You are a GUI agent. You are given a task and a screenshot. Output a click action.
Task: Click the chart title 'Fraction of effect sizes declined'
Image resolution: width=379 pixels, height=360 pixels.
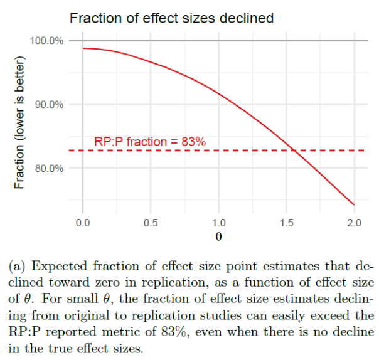tap(171, 18)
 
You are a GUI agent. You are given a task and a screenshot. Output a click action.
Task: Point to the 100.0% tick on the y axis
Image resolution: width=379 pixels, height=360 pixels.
tap(47, 41)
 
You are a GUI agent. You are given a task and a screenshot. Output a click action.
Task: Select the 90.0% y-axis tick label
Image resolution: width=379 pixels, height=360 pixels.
tap(49, 104)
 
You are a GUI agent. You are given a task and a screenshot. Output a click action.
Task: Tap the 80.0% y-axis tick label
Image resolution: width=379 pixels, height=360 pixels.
tap(49, 168)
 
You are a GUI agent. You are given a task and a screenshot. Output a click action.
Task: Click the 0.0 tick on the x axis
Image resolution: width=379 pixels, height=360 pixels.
tap(83, 223)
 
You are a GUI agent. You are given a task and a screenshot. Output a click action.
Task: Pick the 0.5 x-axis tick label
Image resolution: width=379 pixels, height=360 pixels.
tap(151, 223)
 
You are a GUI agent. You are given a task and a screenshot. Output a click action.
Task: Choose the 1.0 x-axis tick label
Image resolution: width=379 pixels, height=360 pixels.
tap(218, 223)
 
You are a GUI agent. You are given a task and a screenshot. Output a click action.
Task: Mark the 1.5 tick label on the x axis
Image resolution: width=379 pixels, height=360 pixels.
tap(286, 223)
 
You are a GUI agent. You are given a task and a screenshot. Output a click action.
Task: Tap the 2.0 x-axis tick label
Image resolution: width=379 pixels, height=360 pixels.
tap(354, 223)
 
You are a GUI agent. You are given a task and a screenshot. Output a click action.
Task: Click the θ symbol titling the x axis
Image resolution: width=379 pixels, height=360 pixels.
tap(218, 237)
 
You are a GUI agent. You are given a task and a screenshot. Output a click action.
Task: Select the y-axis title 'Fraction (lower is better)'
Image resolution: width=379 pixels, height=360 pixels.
tap(19, 122)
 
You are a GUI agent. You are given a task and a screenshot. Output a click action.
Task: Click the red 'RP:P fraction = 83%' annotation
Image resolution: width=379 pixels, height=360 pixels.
tap(150, 142)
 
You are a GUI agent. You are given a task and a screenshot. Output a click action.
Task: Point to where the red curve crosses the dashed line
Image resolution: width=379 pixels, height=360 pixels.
tap(293, 151)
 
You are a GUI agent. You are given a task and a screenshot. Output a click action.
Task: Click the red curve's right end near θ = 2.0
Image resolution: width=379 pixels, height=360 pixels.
tap(354, 204)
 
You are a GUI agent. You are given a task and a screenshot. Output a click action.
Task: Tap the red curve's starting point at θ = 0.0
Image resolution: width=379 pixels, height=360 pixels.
tap(83, 48)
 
